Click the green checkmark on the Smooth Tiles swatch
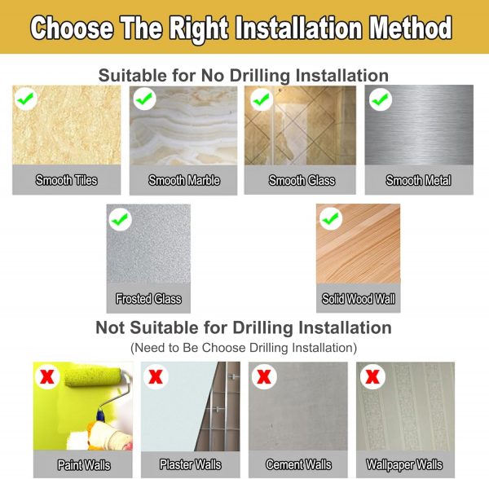point(25,99)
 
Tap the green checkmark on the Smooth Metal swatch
point(380,99)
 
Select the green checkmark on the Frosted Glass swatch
point(120,219)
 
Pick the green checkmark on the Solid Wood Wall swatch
point(330,218)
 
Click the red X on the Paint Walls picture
point(47,376)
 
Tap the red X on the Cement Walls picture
point(264,376)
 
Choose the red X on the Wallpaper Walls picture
point(372,376)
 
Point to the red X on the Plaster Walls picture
point(156,376)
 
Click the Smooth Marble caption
point(184,181)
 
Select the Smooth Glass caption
point(302,181)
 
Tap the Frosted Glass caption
point(148,299)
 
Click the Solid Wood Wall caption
point(359,299)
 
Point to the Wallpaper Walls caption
point(404,465)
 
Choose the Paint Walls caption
point(84,465)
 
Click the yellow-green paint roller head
point(93,377)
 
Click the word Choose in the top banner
point(72,28)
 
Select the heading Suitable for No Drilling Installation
point(244,76)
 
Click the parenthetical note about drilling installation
point(244,348)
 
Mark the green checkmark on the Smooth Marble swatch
point(144,99)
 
